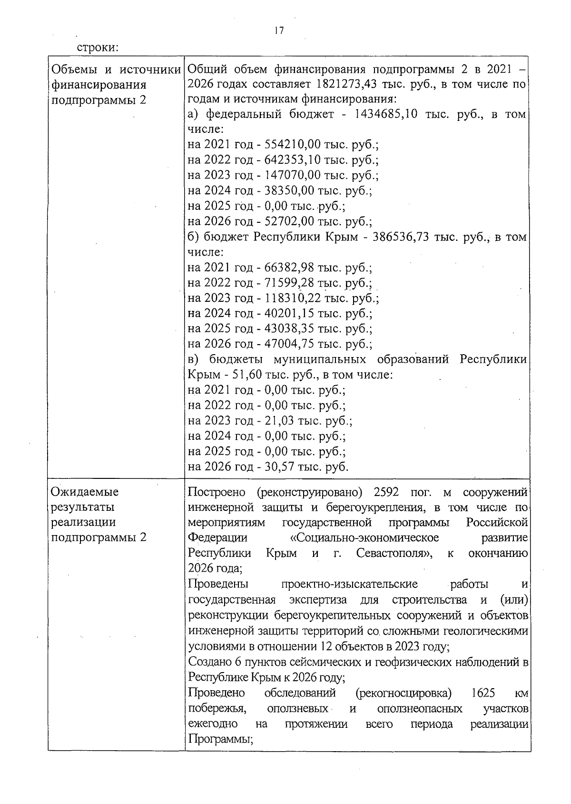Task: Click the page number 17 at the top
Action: (x=279, y=31)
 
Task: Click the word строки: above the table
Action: (x=98, y=48)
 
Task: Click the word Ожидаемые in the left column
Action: (x=85, y=492)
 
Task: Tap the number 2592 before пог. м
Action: (x=389, y=492)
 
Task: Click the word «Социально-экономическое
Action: (x=364, y=538)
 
